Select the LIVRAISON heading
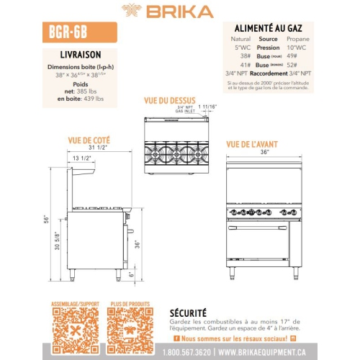tap(80, 54)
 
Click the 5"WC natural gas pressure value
tap(240, 48)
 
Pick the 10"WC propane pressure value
tap(297, 48)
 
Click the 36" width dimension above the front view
tap(264, 152)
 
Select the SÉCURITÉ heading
tap(188, 313)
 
